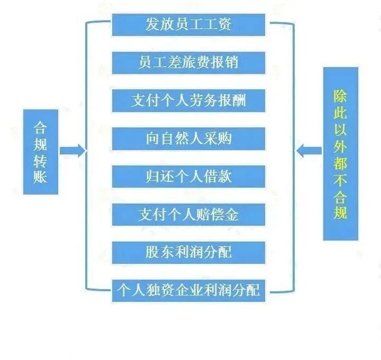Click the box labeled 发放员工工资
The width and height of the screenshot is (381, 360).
(188, 24)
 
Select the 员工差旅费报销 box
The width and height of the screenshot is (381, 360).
(188, 62)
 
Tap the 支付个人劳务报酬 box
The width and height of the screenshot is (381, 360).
(188, 100)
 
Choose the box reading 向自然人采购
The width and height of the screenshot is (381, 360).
(188, 139)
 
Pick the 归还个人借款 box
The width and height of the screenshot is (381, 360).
(188, 176)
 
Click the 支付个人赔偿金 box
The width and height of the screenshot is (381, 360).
(188, 214)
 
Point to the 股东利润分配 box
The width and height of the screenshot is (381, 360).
(188, 252)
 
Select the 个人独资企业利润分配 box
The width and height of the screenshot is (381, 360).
(188, 290)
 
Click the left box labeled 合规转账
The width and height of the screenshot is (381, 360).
(41, 152)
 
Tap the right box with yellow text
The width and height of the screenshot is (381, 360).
(341, 154)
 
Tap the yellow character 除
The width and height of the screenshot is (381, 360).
(341, 96)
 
